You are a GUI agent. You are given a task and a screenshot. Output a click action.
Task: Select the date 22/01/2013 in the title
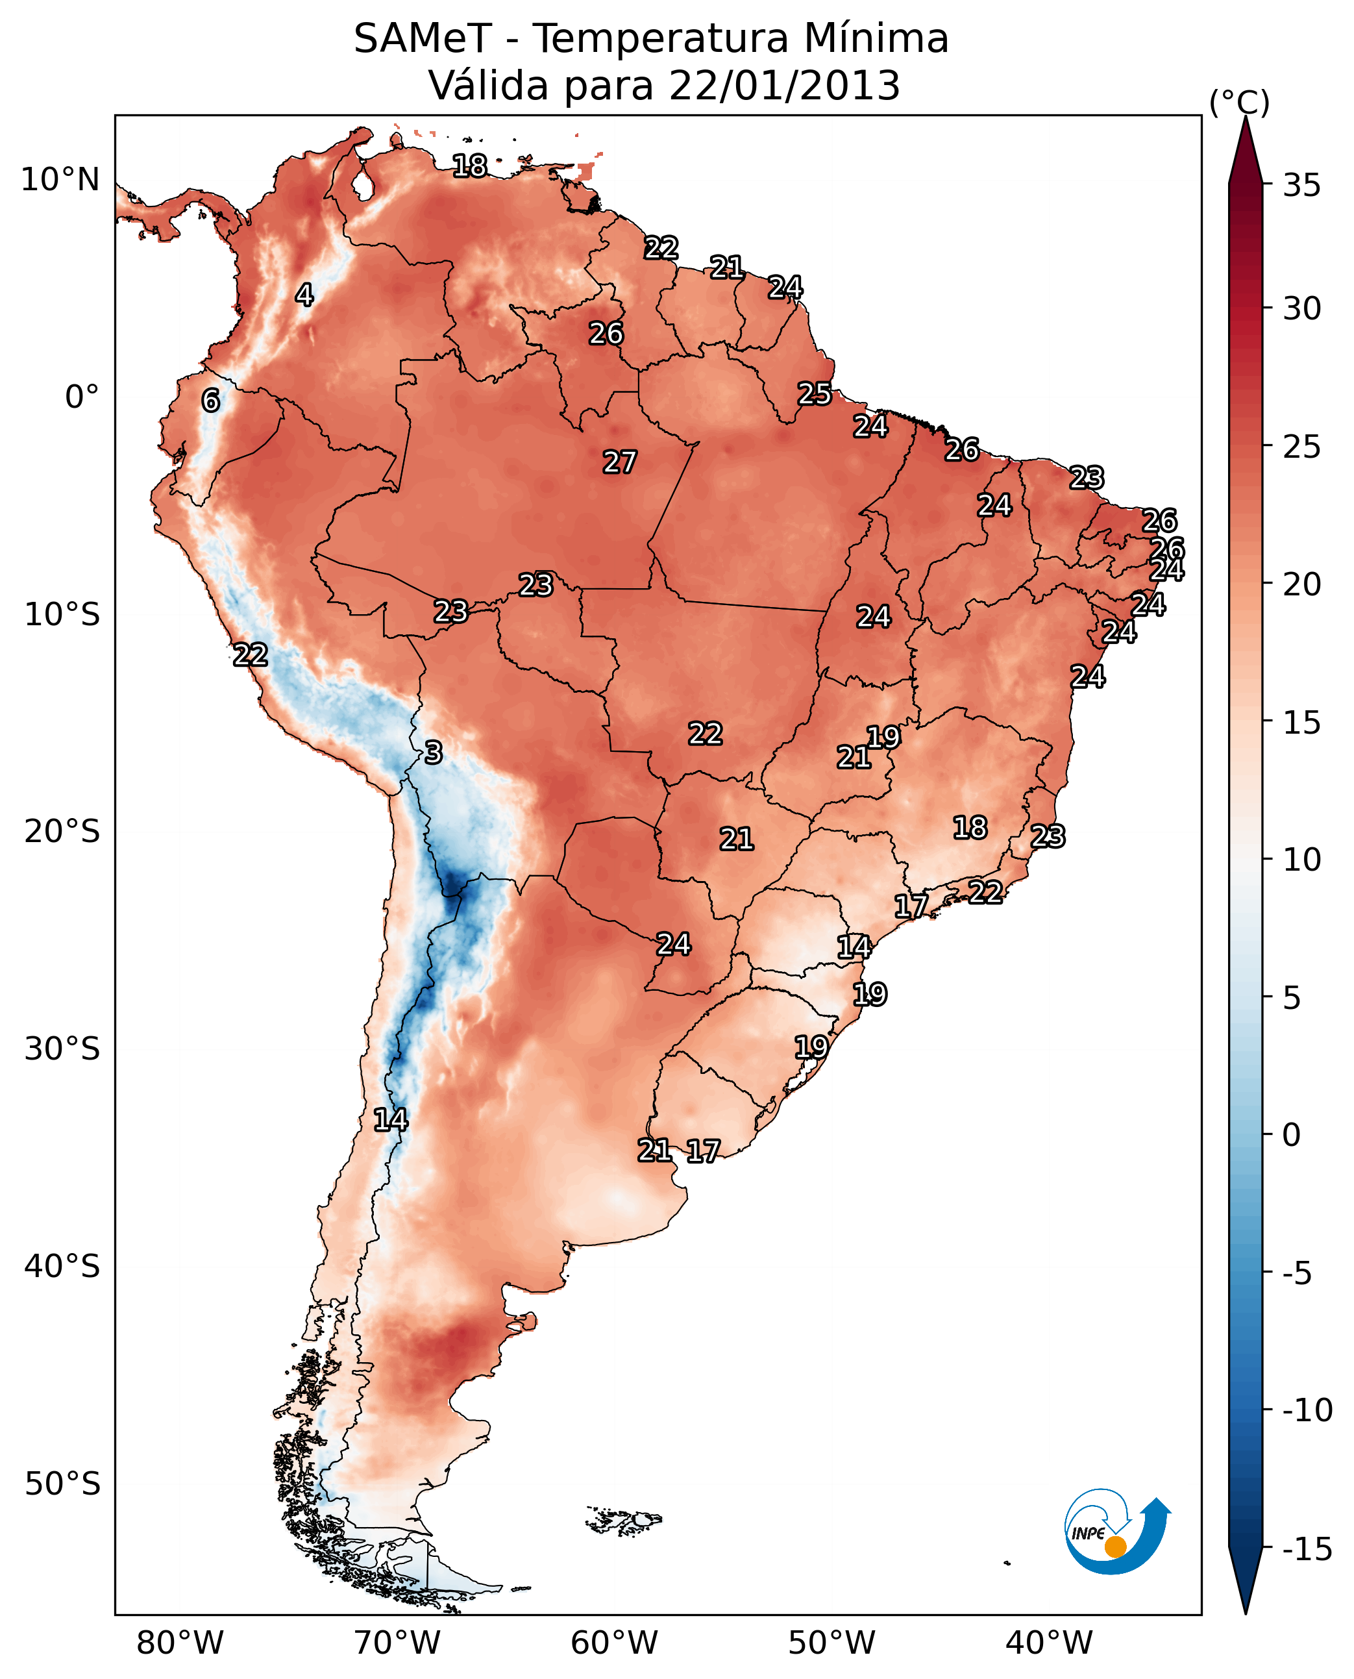click(784, 86)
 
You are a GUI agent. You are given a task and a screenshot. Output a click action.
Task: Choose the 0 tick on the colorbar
click(1292, 1135)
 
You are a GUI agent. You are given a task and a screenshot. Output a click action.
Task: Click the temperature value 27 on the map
click(620, 462)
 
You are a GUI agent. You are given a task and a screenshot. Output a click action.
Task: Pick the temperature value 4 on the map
click(304, 295)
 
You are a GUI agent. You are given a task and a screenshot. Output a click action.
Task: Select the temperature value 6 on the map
click(210, 400)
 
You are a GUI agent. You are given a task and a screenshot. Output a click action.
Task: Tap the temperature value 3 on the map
click(434, 752)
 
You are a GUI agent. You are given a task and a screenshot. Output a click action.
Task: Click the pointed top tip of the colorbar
click(1246, 119)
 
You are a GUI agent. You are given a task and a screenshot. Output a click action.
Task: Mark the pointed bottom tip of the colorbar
click(1246, 1613)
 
